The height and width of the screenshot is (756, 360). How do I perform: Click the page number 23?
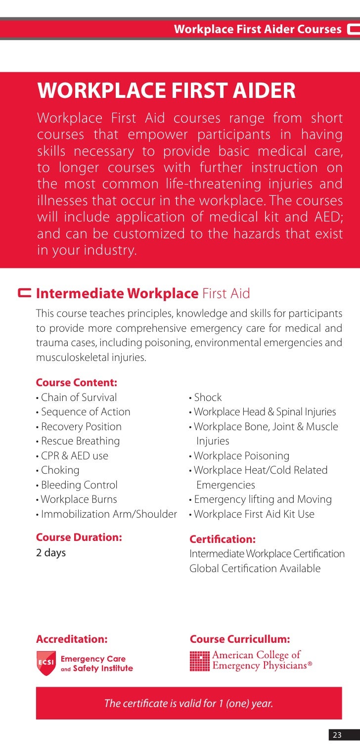coord(336,735)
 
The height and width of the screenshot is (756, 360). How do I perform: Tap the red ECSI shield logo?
coord(46,664)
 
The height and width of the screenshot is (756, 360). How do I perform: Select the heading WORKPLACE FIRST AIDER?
coord(166,91)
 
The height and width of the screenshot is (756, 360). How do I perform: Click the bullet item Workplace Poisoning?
coord(239,456)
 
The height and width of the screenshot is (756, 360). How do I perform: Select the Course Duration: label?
coord(79,537)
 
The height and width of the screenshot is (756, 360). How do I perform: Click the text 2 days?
coord(51,553)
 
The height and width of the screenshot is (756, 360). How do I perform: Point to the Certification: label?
coord(223,539)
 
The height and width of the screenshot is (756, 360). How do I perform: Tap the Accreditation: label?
coord(72,639)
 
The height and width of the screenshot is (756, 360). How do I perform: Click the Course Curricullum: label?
coord(240,639)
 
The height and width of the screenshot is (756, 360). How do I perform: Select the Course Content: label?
coord(77,383)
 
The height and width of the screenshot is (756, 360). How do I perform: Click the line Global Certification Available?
coord(255,569)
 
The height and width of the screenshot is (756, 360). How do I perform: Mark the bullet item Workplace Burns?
coord(77,499)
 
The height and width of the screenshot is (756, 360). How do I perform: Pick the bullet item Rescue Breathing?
coord(78,441)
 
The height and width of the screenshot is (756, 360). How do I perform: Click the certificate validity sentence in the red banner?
coord(188,703)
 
